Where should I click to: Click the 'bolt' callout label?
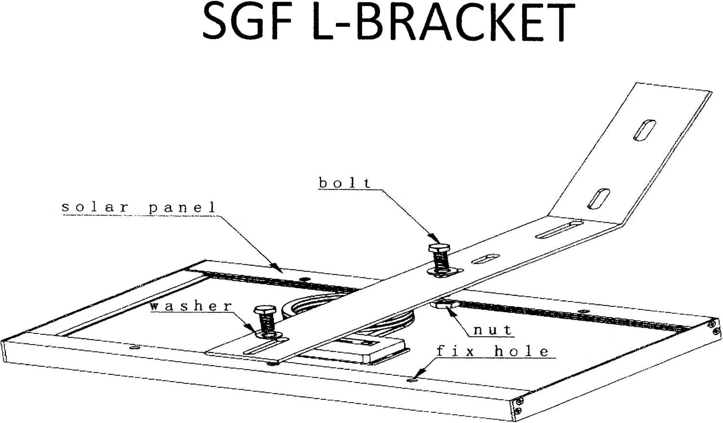[x=345, y=183]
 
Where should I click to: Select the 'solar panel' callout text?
[x=138, y=208]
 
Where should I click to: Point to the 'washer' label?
[x=191, y=306]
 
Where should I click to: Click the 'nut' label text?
[x=493, y=330]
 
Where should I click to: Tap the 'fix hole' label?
[x=493, y=351]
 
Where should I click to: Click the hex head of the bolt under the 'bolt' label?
[x=439, y=248]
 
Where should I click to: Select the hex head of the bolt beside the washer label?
[x=265, y=310]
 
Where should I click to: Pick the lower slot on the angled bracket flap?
[x=599, y=198]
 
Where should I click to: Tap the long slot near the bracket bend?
[x=559, y=229]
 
